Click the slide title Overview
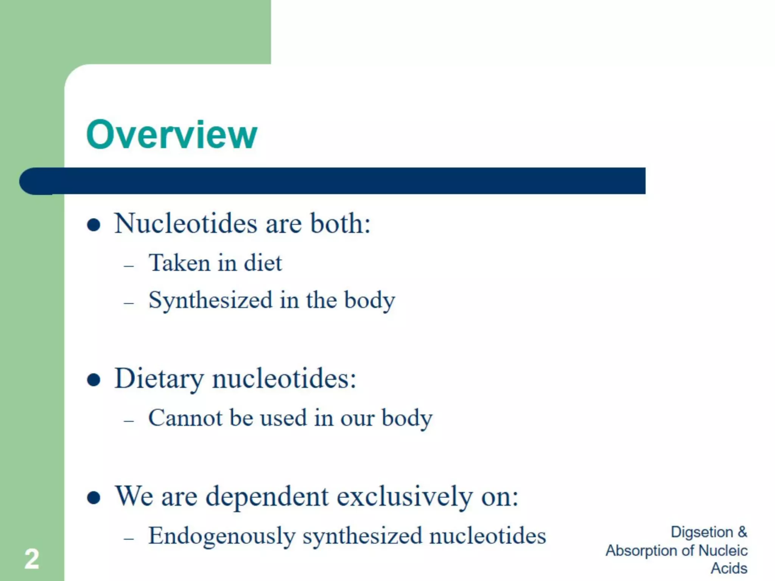[x=171, y=134]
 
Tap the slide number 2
[x=32, y=559]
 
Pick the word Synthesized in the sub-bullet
[x=210, y=300]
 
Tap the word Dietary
[x=159, y=378]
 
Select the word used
[x=283, y=418]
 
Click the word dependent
[x=267, y=496]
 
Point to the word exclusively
[x=405, y=496]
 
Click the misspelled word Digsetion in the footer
[x=702, y=532]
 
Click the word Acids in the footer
[x=729, y=568]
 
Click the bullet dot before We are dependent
[x=93, y=498]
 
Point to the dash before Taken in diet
[x=129, y=266]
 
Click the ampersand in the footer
[x=742, y=532]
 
